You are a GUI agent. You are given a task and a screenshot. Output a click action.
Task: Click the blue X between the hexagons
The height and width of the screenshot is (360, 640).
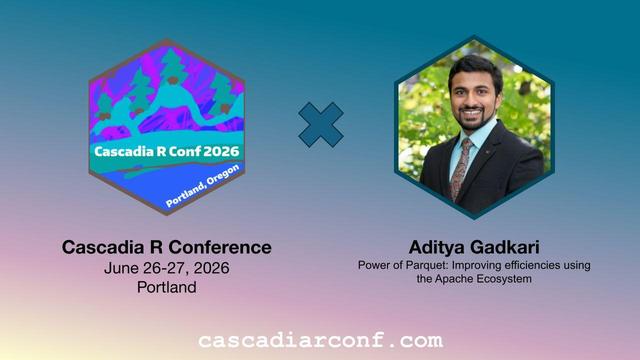(321, 125)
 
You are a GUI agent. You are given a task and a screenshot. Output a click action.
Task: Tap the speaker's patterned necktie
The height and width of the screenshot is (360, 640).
(460, 167)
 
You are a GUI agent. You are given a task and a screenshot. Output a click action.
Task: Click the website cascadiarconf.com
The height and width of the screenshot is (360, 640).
(320, 341)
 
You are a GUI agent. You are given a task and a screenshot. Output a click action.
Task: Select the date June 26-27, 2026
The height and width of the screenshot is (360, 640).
(167, 268)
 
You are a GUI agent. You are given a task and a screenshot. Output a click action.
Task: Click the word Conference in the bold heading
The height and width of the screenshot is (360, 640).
(220, 247)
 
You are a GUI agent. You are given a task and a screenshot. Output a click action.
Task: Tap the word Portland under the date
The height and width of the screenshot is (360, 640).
(167, 287)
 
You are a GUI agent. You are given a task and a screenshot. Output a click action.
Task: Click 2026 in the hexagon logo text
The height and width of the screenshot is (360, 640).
(221, 151)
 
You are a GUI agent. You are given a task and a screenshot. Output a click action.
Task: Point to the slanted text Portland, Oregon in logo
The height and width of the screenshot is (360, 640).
(202, 186)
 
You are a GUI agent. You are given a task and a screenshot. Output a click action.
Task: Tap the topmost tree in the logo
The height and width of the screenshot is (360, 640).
(173, 65)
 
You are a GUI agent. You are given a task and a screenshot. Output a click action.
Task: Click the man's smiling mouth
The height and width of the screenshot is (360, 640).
(472, 111)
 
